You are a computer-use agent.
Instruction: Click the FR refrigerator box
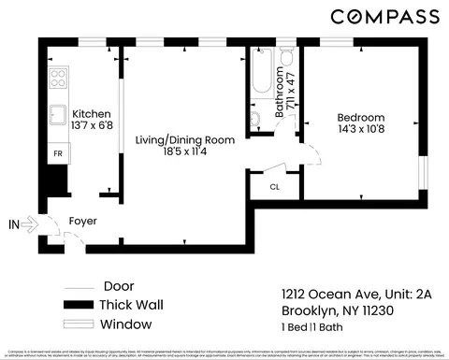click(56, 151)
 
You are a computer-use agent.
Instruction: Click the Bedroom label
click(361, 118)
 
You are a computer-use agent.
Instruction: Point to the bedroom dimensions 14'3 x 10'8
click(361, 130)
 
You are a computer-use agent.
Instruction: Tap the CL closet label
click(274, 186)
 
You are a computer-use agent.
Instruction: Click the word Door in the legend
click(119, 286)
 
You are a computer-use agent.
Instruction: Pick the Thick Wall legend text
click(132, 305)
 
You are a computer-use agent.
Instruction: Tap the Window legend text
click(125, 324)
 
